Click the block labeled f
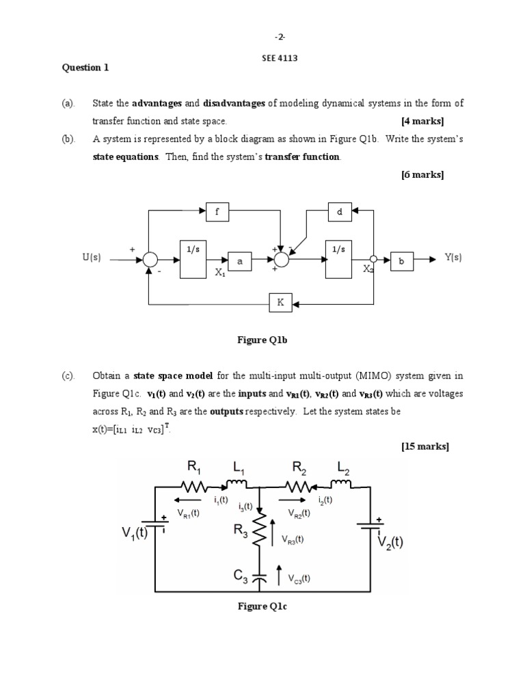(x=217, y=212)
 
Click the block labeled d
(x=339, y=212)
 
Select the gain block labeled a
(x=240, y=261)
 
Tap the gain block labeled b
(x=401, y=260)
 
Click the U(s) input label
(x=92, y=258)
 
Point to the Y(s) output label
(x=453, y=257)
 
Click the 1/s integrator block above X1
(x=194, y=259)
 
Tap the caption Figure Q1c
(x=262, y=606)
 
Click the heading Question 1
(x=85, y=67)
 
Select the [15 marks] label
(x=425, y=446)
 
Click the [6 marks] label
(x=422, y=174)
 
